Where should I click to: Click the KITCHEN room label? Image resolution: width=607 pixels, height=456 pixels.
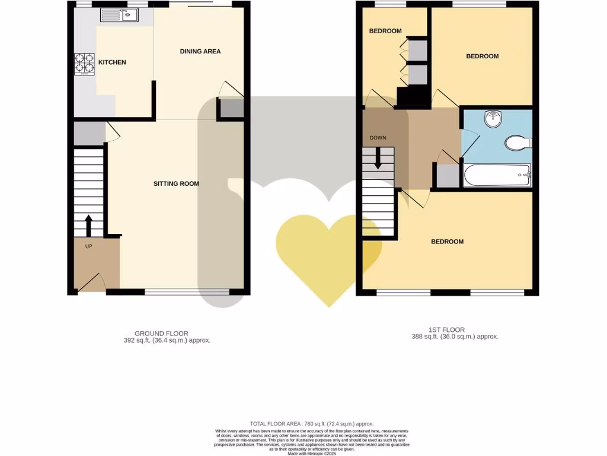(x=111, y=62)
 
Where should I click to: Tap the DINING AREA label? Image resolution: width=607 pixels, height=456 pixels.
(x=200, y=52)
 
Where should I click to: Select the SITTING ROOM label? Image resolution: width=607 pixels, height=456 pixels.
(x=176, y=184)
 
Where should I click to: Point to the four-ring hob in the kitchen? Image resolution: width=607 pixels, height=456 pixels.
(x=84, y=64)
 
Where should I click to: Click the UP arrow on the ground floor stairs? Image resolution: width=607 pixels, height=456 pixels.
(x=88, y=225)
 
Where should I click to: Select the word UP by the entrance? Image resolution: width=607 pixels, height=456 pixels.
(x=88, y=246)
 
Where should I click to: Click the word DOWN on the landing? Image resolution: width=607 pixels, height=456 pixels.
(x=378, y=138)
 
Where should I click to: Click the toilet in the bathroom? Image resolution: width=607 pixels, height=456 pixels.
(x=518, y=143)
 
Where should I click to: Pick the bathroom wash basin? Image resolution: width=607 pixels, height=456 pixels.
(x=493, y=119)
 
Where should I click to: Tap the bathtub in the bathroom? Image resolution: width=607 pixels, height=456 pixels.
(x=497, y=175)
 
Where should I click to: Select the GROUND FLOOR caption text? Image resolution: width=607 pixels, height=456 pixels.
(x=161, y=334)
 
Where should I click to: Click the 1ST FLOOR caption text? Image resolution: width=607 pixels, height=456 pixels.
(x=446, y=330)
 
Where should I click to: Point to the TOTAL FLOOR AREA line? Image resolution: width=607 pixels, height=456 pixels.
(x=303, y=424)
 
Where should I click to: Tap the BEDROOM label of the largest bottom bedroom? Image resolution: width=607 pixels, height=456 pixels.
(x=447, y=242)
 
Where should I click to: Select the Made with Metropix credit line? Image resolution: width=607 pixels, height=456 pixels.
(x=303, y=453)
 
